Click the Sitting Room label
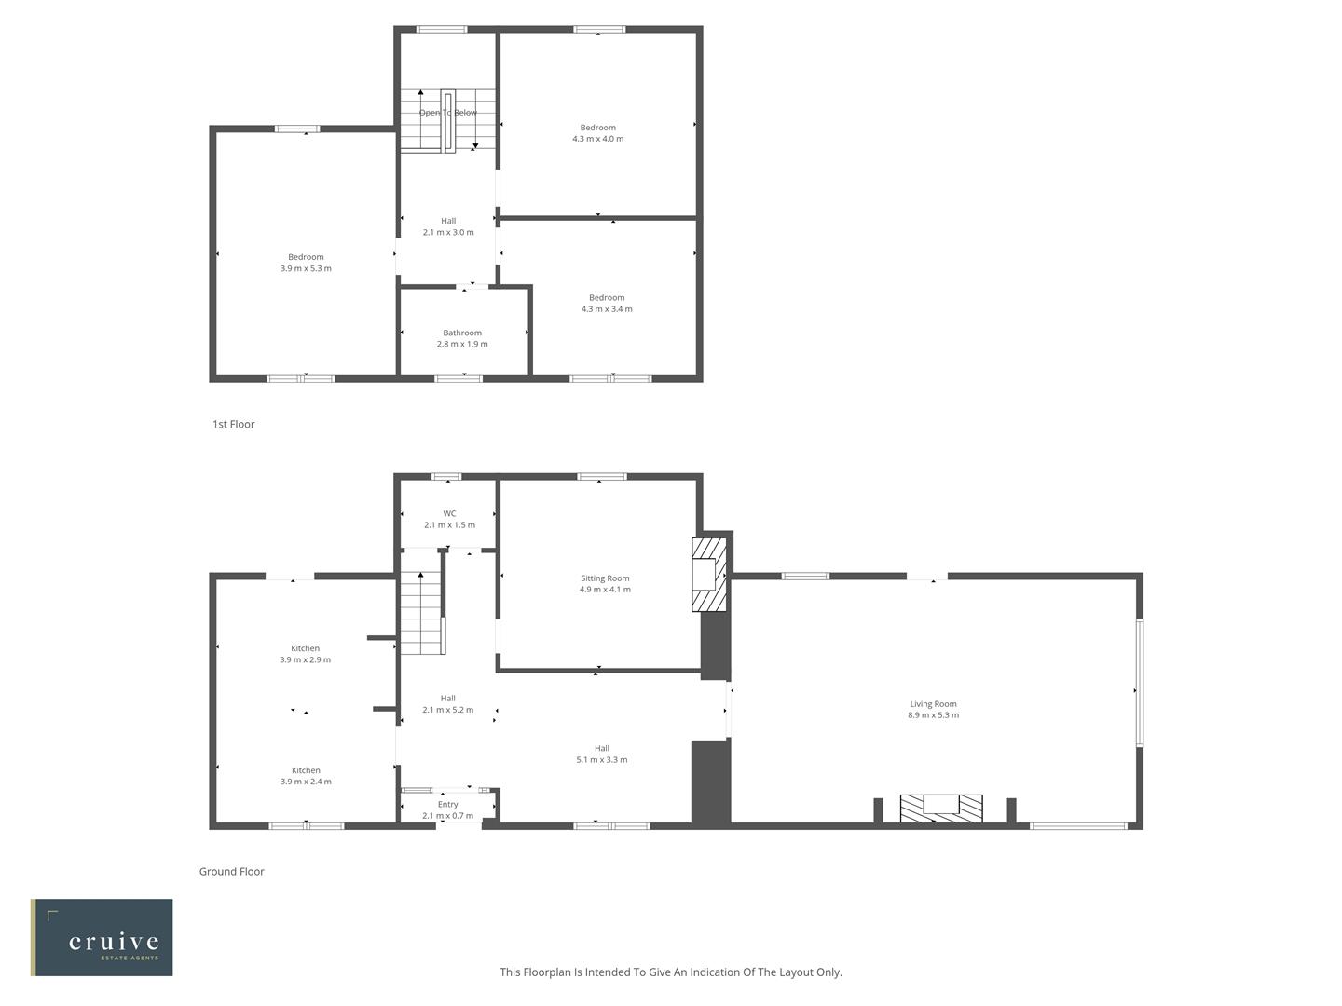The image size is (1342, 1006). (x=605, y=578)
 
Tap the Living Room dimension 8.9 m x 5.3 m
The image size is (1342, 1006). (x=933, y=715)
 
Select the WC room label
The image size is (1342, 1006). (x=449, y=513)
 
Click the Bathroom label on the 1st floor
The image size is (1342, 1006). (x=462, y=333)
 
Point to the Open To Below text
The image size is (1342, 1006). (x=447, y=113)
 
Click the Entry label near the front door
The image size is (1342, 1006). (x=447, y=805)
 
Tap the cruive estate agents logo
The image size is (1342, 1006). (x=102, y=937)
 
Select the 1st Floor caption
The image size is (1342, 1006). (x=233, y=424)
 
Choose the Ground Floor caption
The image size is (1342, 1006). (x=231, y=872)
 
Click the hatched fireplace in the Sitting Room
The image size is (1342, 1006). (x=709, y=573)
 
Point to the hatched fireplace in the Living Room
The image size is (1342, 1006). (x=940, y=808)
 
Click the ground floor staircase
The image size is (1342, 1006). (x=420, y=614)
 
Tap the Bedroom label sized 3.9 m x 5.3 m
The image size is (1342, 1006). (x=306, y=257)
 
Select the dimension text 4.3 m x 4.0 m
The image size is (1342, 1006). (x=597, y=139)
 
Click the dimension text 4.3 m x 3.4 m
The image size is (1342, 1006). (x=607, y=309)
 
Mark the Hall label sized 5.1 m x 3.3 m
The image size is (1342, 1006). (x=602, y=748)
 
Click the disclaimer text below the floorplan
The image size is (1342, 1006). (x=670, y=972)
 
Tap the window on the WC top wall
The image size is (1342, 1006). (x=446, y=478)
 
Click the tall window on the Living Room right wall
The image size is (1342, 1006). (x=1139, y=683)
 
